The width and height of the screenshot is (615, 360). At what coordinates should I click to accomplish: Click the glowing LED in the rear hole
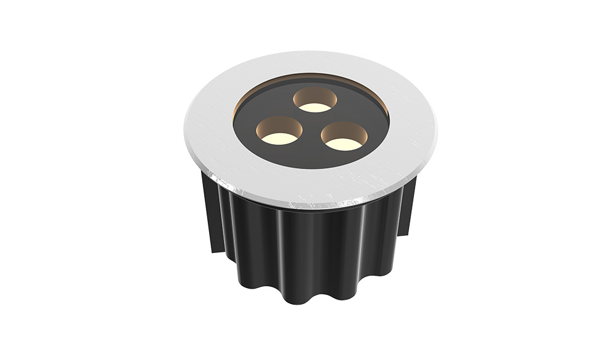(x=315, y=107)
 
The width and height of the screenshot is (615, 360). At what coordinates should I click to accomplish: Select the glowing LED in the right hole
(x=342, y=144)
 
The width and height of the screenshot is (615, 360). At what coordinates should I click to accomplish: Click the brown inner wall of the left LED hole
(x=278, y=124)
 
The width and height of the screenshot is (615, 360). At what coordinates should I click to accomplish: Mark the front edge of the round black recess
(x=311, y=167)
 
